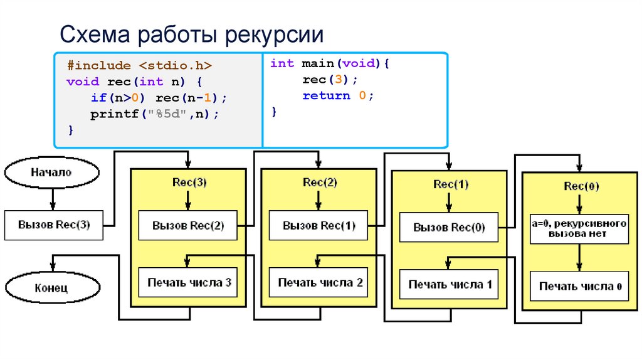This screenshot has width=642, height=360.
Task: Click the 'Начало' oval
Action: pyautogui.click(x=52, y=172)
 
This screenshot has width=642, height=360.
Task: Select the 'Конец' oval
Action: pyautogui.click(x=52, y=288)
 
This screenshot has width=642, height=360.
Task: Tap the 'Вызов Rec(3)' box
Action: pyautogui.click(x=53, y=225)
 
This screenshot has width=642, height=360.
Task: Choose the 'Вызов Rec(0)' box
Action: pyautogui.click(x=449, y=228)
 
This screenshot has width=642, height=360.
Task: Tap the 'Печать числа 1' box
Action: pyautogui.click(x=449, y=285)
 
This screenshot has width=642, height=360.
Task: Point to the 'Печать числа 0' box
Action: pyautogui.click(x=580, y=287)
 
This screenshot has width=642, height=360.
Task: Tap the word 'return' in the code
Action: pyautogui.click(x=326, y=96)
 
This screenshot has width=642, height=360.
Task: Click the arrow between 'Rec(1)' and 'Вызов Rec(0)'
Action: pyautogui.click(x=448, y=202)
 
